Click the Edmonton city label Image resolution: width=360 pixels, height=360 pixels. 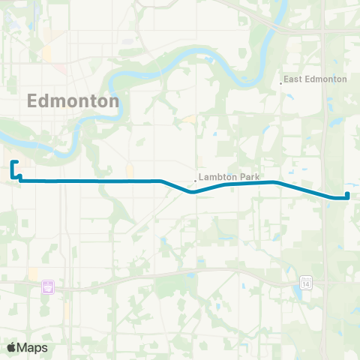73,101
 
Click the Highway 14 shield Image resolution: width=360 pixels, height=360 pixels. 306,283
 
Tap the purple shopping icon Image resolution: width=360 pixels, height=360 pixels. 49,286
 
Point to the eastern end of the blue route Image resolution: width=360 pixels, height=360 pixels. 348,198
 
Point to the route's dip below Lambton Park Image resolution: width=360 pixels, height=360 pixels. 193,191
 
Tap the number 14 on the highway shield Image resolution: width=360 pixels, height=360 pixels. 306,283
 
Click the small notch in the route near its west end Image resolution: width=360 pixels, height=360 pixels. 19,177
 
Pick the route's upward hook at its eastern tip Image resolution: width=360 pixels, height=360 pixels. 349,195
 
